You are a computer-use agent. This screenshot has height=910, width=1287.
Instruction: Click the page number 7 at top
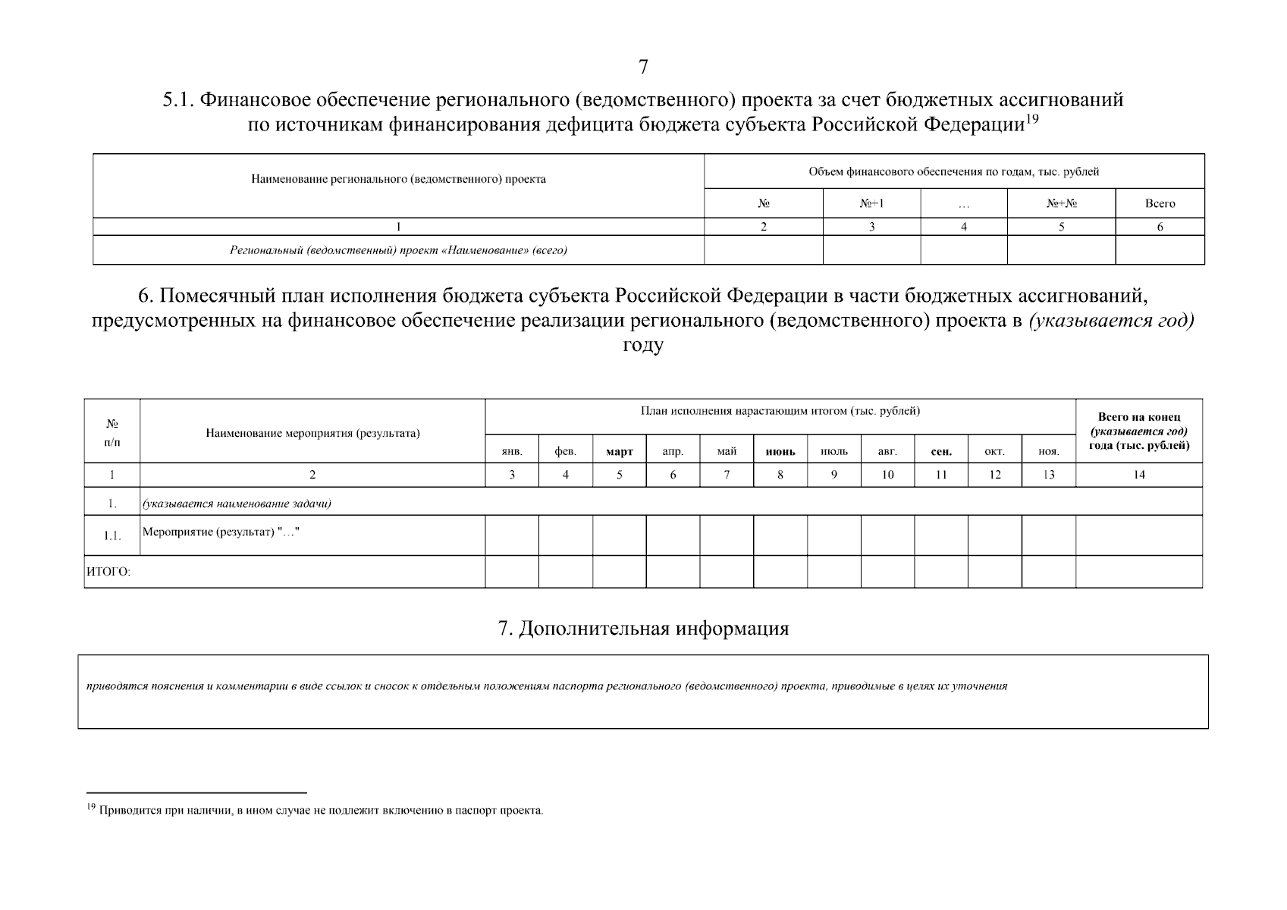point(643,67)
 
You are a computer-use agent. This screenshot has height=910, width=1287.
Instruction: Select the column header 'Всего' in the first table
point(1160,203)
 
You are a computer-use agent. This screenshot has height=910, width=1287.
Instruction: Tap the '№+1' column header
point(871,203)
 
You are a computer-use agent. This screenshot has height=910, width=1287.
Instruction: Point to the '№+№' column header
point(1061,203)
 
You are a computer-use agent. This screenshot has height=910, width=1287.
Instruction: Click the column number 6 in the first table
point(1160,227)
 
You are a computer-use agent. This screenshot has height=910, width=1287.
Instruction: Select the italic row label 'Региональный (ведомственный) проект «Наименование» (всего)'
point(398,250)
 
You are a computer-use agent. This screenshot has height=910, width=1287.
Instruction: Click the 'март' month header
point(620,451)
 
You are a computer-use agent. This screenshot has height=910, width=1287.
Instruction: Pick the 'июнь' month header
point(780,451)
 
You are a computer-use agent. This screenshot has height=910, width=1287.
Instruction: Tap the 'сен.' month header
point(941,451)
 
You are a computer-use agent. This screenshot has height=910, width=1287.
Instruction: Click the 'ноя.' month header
point(1048,451)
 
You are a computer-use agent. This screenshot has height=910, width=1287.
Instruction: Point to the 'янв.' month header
point(512,451)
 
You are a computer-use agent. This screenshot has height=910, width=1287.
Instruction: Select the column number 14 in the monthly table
point(1139,475)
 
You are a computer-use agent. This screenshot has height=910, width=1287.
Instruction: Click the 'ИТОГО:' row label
point(108,573)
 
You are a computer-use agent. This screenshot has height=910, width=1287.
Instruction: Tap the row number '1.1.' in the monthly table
point(112,535)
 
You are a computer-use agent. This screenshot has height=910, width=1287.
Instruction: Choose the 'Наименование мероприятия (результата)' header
point(312,433)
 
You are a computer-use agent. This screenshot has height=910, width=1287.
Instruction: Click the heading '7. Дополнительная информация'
point(643,629)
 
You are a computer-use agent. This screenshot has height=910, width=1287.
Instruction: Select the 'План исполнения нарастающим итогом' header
point(780,411)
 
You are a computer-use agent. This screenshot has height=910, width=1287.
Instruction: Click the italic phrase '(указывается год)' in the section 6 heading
point(1111,321)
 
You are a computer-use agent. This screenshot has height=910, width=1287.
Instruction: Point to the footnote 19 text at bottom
point(319,810)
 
